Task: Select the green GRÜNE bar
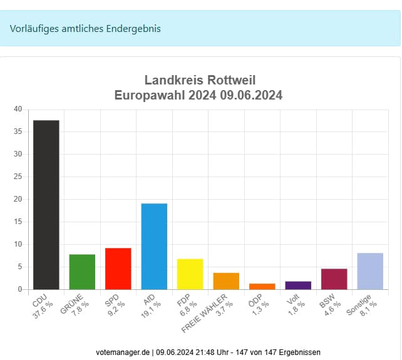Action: (82, 272)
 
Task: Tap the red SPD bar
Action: (118, 269)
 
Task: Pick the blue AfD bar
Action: (154, 246)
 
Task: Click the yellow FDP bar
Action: (190, 274)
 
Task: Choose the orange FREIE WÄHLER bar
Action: (226, 281)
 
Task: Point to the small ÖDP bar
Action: (262, 287)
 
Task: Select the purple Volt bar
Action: (298, 285)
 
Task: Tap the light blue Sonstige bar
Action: (370, 271)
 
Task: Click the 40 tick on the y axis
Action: (18, 110)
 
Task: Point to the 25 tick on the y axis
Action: (18, 177)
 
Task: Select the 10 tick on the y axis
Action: (18, 245)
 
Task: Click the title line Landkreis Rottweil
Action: (200, 80)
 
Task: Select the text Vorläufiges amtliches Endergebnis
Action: (85, 29)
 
